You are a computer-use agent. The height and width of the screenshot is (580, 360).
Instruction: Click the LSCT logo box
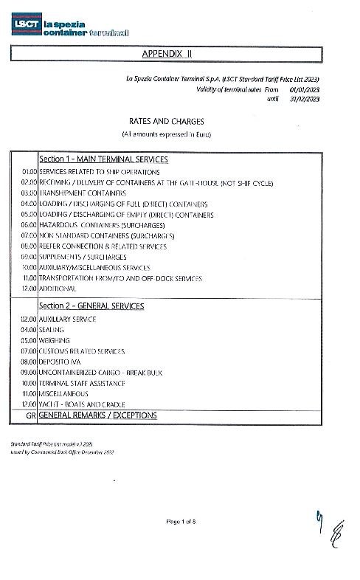pos(27,27)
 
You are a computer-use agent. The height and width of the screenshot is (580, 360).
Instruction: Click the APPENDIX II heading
pos(165,54)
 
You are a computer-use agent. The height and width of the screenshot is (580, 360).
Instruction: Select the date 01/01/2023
pos(304,89)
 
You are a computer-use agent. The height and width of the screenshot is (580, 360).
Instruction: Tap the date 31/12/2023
pos(304,97)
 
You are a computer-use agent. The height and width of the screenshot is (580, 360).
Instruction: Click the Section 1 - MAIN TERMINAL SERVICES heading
pos(103,159)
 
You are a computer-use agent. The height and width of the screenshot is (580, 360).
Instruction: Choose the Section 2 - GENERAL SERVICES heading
pos(91,305)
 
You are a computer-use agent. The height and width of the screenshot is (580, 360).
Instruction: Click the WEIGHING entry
pos(55,341)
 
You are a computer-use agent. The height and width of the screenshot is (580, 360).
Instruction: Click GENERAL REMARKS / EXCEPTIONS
pos(98,415)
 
